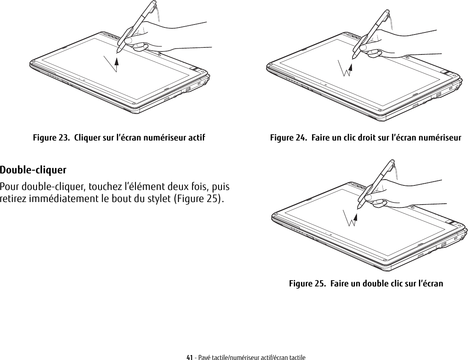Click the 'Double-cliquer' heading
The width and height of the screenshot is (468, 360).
(33, 170)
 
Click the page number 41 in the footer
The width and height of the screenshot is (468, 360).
(190, 357)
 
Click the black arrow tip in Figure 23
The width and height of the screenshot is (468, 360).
(117, 61)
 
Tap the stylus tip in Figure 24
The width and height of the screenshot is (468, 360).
(353, 59)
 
